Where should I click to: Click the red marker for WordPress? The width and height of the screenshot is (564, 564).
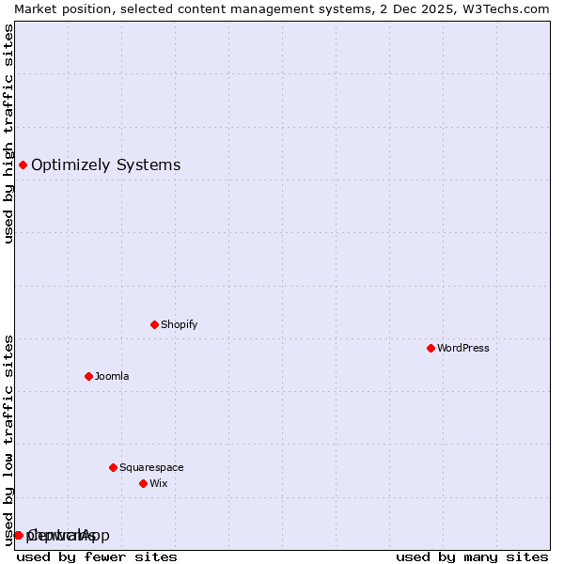point(431,348)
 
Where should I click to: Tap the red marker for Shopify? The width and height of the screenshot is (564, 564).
point(154,324)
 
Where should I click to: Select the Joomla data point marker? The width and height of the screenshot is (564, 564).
point(88,376)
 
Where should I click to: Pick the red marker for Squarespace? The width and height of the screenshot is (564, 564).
point(113,467)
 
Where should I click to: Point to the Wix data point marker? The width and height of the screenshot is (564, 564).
point(143,483)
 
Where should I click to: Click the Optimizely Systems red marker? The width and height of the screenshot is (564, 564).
point(23,165)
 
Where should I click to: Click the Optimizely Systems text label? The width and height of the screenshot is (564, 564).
point(105,165)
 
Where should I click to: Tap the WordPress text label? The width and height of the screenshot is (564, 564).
point(463,348)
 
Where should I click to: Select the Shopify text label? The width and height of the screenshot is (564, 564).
point(179,324)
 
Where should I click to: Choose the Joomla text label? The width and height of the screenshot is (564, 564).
point(112,376)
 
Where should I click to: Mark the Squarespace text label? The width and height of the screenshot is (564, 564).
point(151,467)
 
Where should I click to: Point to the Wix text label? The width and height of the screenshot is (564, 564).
point(158,483)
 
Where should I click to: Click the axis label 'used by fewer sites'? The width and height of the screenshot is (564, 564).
point(97,556)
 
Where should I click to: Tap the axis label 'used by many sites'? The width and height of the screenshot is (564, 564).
point(472,556)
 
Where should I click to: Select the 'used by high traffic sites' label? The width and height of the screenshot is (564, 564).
point(8,133)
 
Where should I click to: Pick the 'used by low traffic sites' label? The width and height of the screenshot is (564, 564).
point(8,440)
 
